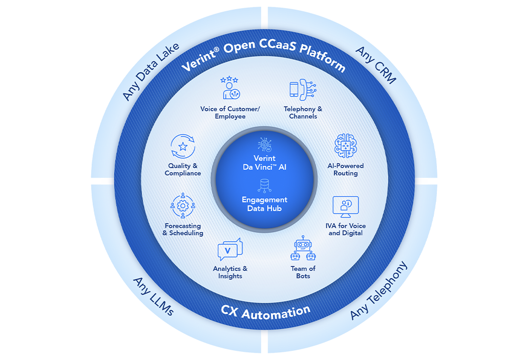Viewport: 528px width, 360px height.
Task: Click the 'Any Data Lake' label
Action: tap(151, 72)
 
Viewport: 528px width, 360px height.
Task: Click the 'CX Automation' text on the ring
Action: tap(265, 310)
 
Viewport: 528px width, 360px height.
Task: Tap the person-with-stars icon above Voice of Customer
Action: tap(230, 88)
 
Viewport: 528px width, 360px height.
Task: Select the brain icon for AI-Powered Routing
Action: tap(345, 146)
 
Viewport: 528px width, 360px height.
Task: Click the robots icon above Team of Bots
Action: tap(303, 250)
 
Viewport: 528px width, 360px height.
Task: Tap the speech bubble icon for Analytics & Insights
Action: tap(230, 249)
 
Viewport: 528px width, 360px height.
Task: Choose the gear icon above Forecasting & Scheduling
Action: tap(183, 206)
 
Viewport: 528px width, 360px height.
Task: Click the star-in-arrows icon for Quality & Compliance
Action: tap(183, 146)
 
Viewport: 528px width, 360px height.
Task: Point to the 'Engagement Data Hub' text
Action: tap(265, 204)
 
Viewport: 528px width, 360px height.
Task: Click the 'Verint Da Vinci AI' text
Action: tap(264, 162)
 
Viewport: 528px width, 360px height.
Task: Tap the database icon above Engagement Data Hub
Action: tap(265, 185)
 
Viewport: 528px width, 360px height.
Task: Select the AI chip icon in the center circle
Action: tap(265, 144)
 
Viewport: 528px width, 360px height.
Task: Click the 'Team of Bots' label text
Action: tap(303, 272)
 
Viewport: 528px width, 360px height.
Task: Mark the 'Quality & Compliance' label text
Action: tap(183, 170)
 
